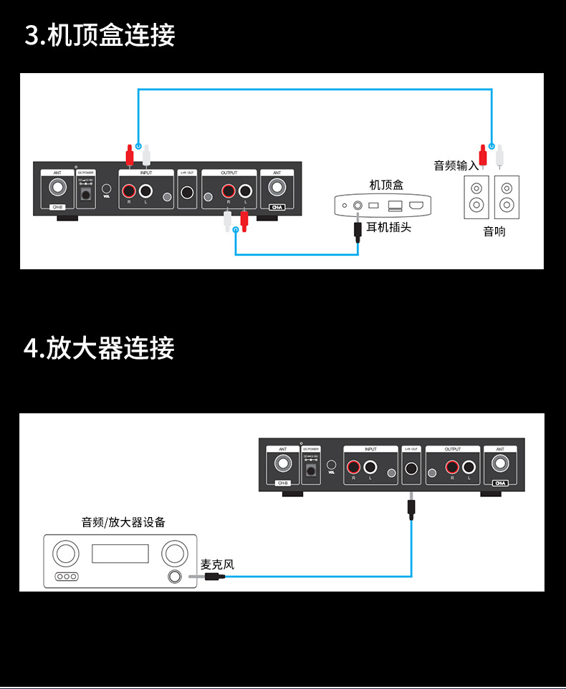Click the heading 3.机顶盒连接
(x=100, y=35)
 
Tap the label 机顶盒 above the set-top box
(x=386, y=185)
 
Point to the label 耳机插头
(x=389, y=228)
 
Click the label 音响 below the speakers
(x=494, y=231)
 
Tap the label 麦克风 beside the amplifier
(x=218, y=564)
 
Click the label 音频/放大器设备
(x=123, y=522)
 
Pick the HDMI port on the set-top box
(x=417, y=206)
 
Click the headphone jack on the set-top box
(x=356, y=206)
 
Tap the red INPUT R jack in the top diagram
(x=130, y=191)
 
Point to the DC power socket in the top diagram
(x=86, y=194)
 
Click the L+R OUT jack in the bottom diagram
(x=411, y=469)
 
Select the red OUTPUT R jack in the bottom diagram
(x=451, y=468)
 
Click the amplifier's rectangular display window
(x=120, y=554)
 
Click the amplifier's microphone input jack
(x=174, y=577)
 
